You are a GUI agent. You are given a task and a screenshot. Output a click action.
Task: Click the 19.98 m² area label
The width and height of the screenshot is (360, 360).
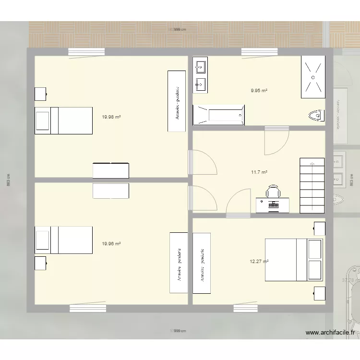click(111, 117)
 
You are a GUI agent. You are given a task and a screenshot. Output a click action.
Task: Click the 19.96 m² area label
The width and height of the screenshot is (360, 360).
click(111, 244)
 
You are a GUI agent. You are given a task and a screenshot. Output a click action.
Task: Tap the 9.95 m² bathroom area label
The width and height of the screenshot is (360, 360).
click(259, 90)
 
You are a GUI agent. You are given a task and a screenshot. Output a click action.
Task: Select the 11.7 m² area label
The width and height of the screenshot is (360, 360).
click(259, 172)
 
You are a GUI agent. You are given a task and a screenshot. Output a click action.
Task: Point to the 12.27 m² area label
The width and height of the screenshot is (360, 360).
click(259, 262)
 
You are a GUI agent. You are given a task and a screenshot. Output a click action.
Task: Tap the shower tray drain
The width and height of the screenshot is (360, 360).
click(312, 77)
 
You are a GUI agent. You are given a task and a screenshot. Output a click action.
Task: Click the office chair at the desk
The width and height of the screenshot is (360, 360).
click(273, 192)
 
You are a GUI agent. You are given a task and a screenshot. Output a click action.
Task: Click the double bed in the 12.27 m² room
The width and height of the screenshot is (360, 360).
click(293, 260)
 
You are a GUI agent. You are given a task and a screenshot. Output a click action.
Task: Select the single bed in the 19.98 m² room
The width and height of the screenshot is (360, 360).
click(63, 120)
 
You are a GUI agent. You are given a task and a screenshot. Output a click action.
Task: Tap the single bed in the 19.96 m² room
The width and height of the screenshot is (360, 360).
click(63, 240)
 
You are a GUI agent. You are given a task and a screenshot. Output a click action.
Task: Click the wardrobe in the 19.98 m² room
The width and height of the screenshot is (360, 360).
click(176, 101)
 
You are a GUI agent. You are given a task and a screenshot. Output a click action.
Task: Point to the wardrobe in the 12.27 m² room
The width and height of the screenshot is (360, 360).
click(202, 263)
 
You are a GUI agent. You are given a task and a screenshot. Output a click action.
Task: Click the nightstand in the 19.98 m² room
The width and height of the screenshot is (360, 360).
click(40, 94)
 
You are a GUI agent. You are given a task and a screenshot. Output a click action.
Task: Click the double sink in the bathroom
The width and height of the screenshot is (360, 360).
click(200, 75)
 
